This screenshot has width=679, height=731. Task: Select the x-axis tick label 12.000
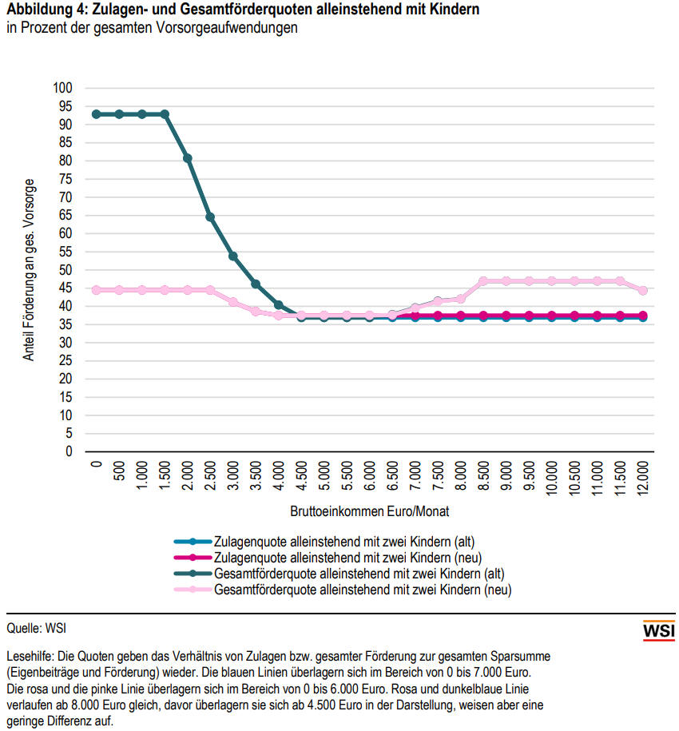[x=643, y=479]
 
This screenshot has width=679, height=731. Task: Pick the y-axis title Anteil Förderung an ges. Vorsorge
[x=30, y=269]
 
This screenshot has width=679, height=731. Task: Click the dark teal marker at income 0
[x=96, y=114]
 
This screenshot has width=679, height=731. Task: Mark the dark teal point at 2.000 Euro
[x=188, y=158]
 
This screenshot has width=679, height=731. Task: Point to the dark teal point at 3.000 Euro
[x=233, y=256]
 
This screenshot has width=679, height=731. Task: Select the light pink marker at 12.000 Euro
[x=643, y=291]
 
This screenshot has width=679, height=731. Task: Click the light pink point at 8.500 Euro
[x=483, y=281]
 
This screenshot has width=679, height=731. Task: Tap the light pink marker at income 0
[x=96, y=290]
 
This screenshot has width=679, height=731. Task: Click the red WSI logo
[x=658, y=630]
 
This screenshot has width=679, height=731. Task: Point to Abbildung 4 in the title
[x=40, y=11]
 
